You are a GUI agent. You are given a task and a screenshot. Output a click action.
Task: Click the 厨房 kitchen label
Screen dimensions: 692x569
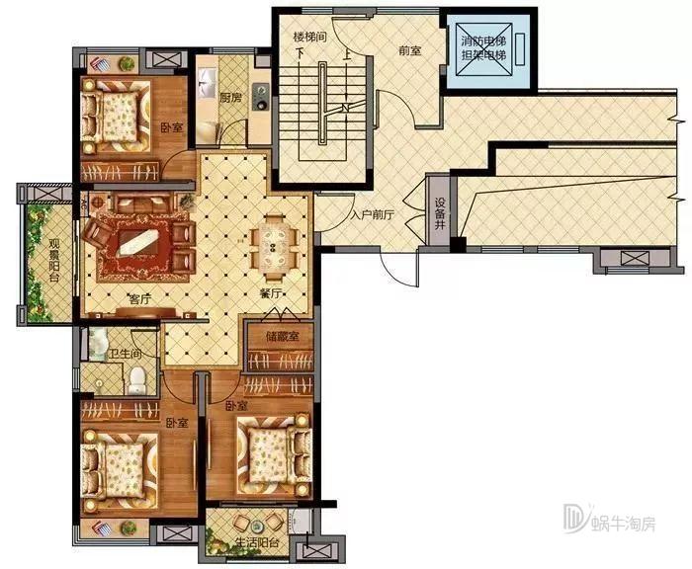pos(230,98)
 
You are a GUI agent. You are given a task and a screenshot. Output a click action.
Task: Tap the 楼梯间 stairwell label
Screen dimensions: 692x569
pos(310,38)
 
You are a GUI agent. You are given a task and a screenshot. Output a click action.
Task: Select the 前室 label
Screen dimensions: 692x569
pos(410,50)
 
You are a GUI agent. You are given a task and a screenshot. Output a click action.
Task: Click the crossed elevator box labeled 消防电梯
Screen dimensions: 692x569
pos(483,49)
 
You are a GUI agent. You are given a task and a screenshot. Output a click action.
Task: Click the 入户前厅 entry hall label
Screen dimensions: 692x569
pos(373,215)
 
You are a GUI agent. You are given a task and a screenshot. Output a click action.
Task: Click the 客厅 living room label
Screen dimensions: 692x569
pos(140,299)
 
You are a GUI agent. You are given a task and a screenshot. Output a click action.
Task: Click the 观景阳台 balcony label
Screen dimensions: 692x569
pos(54,260)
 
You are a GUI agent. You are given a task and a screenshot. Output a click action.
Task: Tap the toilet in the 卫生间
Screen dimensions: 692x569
pos(137,381)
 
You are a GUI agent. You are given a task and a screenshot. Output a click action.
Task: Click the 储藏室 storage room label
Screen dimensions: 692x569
pos(282,337)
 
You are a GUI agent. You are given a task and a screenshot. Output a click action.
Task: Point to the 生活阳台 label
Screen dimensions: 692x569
pos(257,542)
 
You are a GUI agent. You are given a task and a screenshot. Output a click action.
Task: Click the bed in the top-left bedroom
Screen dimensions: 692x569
pos(118,116)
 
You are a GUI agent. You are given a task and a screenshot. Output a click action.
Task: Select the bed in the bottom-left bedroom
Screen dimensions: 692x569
pos(120,469)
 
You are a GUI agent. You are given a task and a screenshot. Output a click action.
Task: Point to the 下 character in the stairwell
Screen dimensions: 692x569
pos(301,53)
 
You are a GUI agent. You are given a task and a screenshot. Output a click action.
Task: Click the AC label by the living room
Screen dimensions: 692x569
pos(84,203)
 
